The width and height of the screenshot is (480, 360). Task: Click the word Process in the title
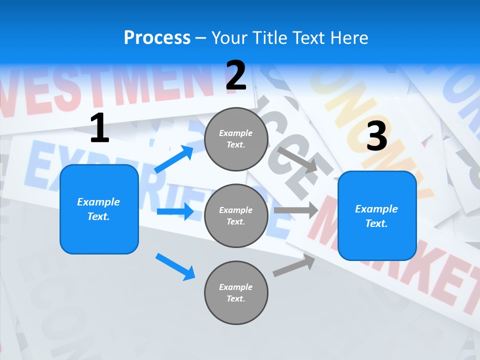coord(157,37)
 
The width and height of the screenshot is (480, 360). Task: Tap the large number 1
coord(99,128)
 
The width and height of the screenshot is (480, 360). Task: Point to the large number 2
coord(236,75)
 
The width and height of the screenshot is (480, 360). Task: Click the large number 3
coord(376,136)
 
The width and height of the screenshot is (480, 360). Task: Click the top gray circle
coord(236,139)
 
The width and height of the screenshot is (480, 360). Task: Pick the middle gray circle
coord(236,215)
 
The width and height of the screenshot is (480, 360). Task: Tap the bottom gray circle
coord(236,292)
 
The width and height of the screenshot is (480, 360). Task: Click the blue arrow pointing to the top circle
coord(174,159)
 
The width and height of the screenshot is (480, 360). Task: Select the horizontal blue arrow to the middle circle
coord(175,211)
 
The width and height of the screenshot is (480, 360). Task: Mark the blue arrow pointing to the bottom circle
coord(175,266)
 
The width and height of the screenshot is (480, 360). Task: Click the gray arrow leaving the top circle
coord(297,159)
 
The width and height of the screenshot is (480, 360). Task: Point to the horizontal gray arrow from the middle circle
coord(296,210)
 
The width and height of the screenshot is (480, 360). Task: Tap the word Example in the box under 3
coord(376,209)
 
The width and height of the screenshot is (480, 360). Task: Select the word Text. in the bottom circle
coord(235,298)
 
